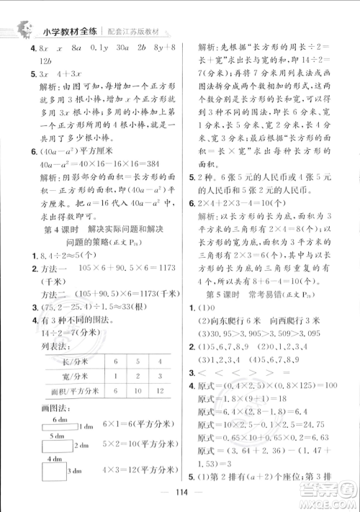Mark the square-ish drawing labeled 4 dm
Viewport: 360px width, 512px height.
click(x=45, y=471)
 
